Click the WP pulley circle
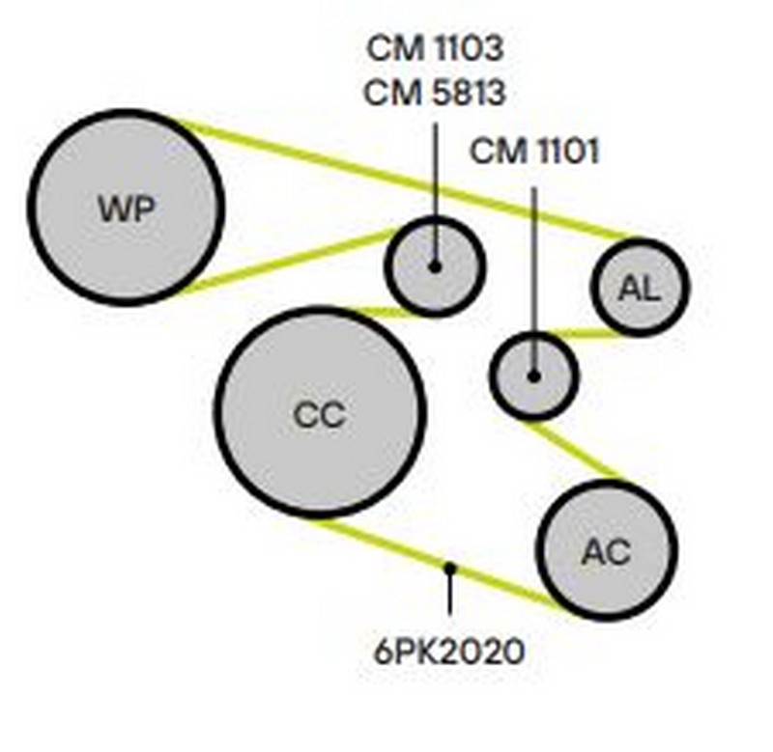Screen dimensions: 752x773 point(126,208)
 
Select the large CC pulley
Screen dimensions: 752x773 point(319,412)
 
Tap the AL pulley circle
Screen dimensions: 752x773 point(640,287)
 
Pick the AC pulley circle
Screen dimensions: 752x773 point(607,550)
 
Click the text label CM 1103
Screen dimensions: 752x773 point(436,47)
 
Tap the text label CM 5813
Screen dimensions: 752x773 point(436,94)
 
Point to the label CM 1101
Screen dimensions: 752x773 point(534,152)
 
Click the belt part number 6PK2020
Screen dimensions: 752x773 point(449,651)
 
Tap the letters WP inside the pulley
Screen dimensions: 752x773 point(126,209)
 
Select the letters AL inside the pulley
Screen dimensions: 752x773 point(640,288)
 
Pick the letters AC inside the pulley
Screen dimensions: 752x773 point(607,551)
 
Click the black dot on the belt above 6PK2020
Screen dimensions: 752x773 point(449,568)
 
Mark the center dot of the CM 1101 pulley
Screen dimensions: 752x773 point(533,376)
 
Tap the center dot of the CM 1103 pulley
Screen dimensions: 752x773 point(435,265)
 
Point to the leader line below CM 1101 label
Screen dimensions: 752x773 point(533,261)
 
